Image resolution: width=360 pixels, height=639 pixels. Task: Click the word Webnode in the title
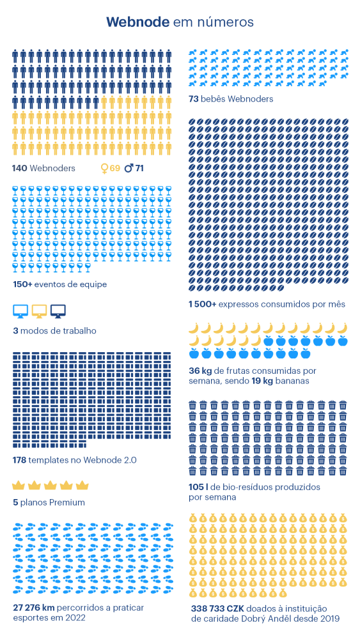pos(138,22)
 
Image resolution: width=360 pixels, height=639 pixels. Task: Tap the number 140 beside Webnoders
pos(20,168)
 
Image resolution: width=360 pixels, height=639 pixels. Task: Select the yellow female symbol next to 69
pos(104,168)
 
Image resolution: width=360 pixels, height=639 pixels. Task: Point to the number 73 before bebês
pos(193,99)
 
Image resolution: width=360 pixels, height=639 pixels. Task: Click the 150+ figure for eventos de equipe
pos(22,284)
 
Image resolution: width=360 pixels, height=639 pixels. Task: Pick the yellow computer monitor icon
pos(40,311)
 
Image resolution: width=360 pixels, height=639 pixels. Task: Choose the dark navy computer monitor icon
pos(58,311)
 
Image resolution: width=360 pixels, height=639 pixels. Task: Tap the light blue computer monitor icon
pos(20,311)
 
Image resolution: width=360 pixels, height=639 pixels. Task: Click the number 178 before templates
pos(20,460)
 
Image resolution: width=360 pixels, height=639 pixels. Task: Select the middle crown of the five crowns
pos(50,485)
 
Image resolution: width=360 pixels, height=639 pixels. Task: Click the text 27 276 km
pos(34,608)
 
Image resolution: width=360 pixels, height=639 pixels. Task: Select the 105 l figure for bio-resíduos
pos(198,488)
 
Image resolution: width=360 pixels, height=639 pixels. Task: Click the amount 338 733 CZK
pos(217,608)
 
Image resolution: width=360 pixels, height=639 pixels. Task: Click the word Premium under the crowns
pos(67,502)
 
